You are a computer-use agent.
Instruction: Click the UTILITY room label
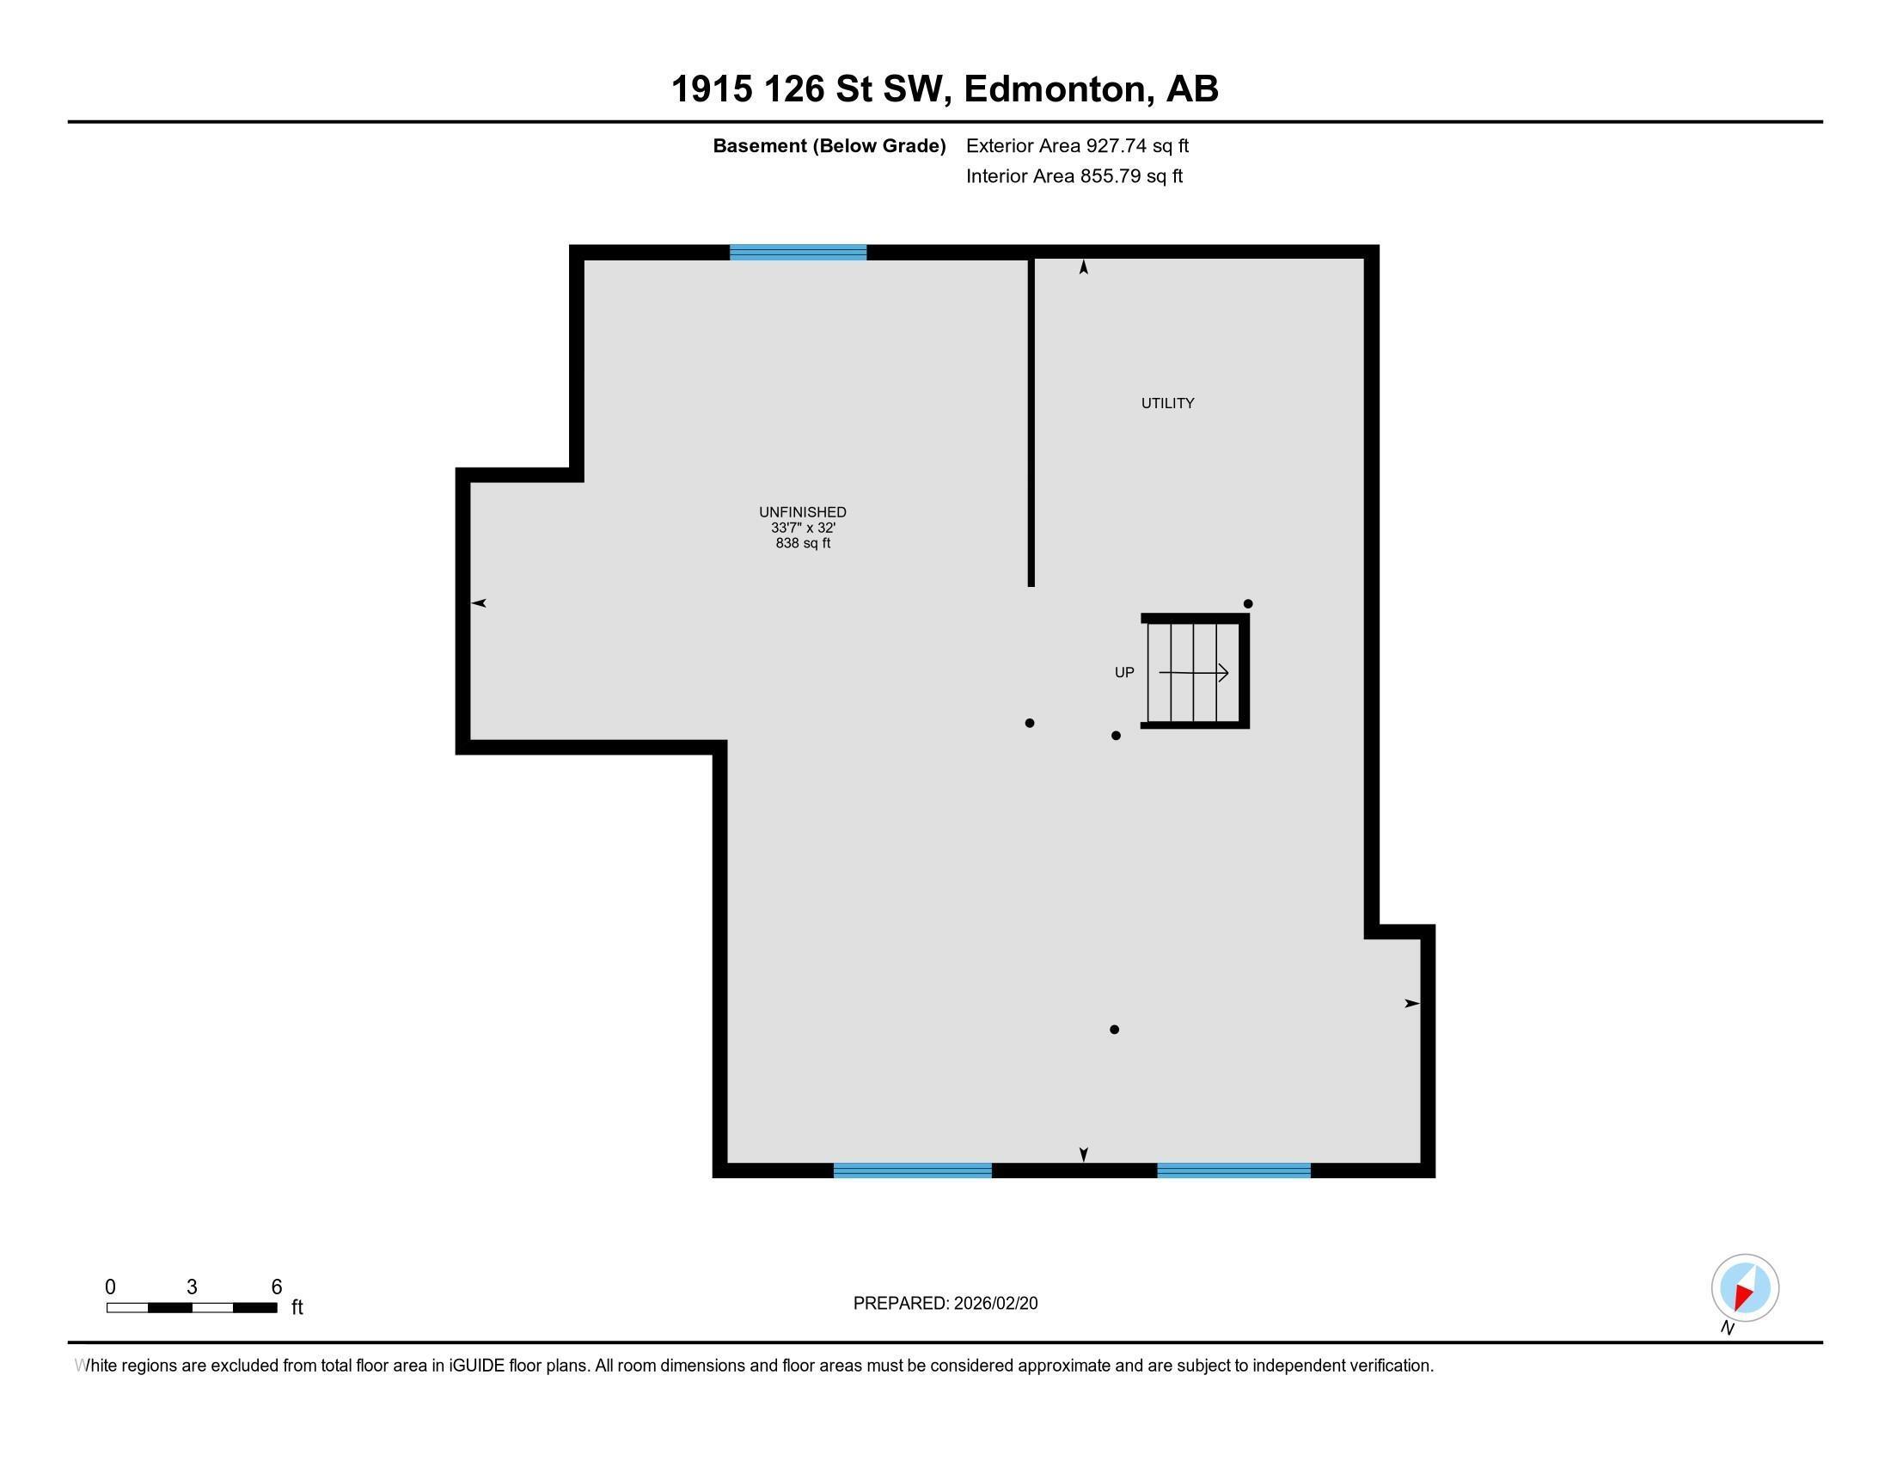tap(1167, 403)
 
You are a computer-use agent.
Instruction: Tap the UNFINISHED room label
tap(803, 511)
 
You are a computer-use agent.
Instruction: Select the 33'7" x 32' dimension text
tap(803, 527)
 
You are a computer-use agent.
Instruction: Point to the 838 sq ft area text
tap(803, 543)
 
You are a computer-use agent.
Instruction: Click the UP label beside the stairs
tap(1124, 673)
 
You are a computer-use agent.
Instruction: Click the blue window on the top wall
tap(798, 253)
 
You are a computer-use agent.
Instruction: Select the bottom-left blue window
tap(912, 1171)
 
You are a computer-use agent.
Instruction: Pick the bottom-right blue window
tap(1233, 1171)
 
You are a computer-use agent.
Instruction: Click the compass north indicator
tap(1745, 1288)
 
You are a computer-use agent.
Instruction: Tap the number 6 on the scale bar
tap(276, 1287)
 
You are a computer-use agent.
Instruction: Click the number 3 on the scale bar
tap(192, 1287)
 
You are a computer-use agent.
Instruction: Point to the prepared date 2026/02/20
tap(994, 1304)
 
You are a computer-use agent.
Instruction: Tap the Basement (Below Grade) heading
tap(829, 146)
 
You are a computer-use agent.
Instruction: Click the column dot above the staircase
tap(1248, 604)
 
